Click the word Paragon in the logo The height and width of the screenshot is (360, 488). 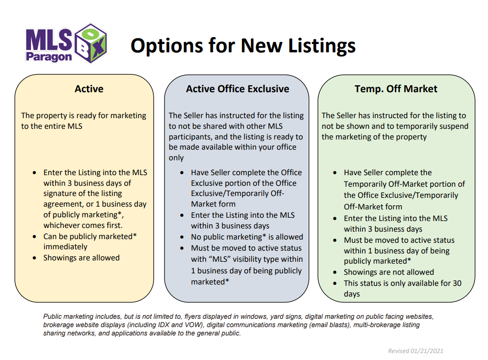pyautogui.click(x=49, y=57)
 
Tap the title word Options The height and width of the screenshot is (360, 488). pyautogui.click(x=166, y=46)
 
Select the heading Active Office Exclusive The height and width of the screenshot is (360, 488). pyautogui.click(x=237, y=89)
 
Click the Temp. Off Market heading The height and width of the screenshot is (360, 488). pyautogui.click(x=396, y=89)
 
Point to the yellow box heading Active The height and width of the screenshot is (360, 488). pyautogui.click(x=89, y=89)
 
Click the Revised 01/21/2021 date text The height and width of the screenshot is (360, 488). pyautogui.click(x=416, y=351)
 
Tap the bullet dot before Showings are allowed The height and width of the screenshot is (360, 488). pyautogui.click(x=34, y=258)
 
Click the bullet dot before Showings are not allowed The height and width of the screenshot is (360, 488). pyautogui.click(x=335, y=272)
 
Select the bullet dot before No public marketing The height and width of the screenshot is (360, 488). pyautogui.click(x=182, y=237)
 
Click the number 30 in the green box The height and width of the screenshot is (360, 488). pyautogui.click(x=457, y=283)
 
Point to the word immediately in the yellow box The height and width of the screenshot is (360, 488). pyautogui.click(x=65, y=247)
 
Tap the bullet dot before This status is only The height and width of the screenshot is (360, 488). pyautogui.click(x=335, y=284)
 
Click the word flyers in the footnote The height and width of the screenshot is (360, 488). pyautogui.click(x=193, y=316)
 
